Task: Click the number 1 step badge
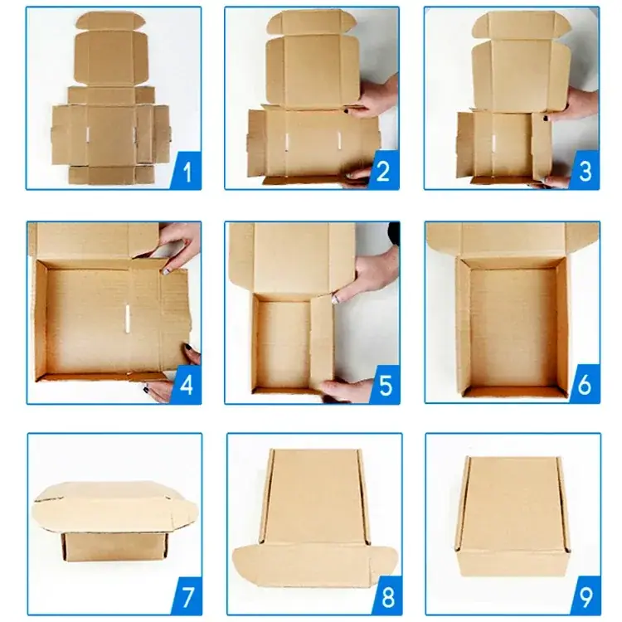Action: [x=186, y=171]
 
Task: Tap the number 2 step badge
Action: [x=384, y=171]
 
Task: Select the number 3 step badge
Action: [x=585, y=171]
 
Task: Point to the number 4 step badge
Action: [x=186, y=385]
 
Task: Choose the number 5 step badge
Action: [x=384, y=385]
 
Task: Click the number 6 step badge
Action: [x=585, y=384]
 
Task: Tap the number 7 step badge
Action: [x=187, y=595]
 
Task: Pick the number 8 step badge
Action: [x=386, y=595]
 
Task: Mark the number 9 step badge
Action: [x=586, y=595]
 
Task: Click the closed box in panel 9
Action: [x=513, y=516]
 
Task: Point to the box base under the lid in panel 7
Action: [x=115, y=547]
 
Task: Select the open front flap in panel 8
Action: [x=314, y=565]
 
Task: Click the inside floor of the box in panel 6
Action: [x=513, y=328]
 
